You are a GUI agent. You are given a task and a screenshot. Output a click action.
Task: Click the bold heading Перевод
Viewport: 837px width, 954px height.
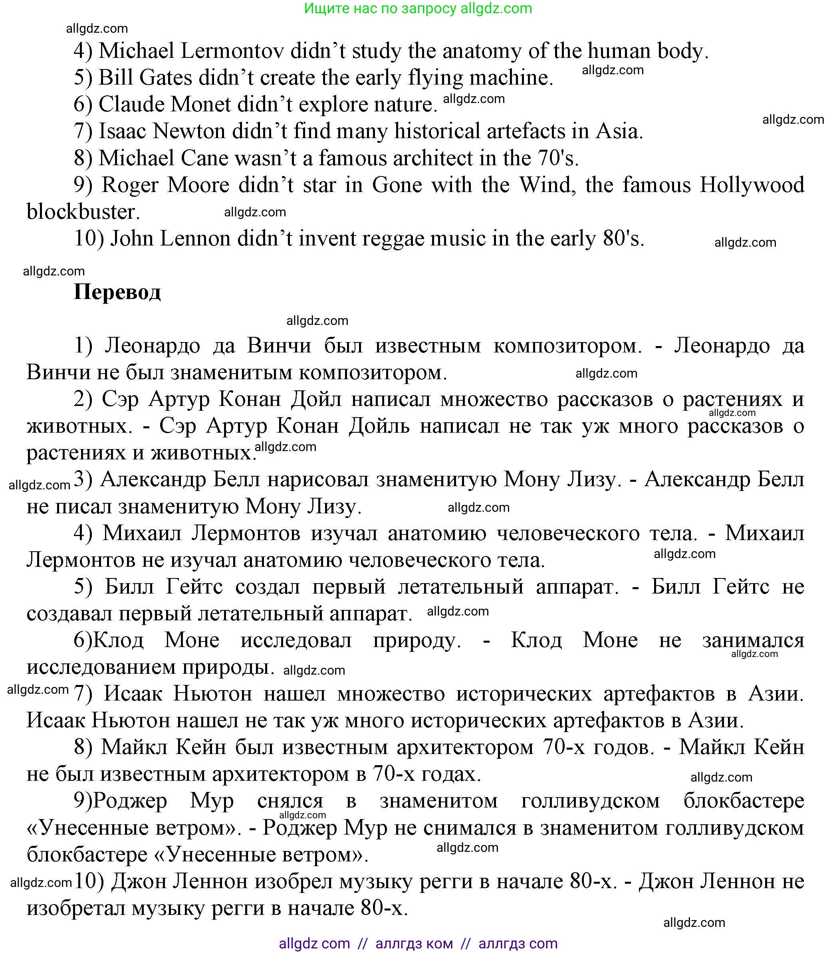point(117,293)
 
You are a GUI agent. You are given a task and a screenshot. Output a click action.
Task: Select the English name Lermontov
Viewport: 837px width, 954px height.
point(232,51)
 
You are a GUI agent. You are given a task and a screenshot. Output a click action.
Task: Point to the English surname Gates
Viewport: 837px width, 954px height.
point(165,78)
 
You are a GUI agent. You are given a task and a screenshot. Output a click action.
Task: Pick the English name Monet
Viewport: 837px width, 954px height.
point(201,105)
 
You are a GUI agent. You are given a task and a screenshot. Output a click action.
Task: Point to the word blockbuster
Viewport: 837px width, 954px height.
point(83,212)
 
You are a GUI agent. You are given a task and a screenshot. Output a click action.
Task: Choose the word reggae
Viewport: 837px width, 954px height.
point(392,239)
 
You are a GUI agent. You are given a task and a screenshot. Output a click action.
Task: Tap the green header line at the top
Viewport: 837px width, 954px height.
point(418,8)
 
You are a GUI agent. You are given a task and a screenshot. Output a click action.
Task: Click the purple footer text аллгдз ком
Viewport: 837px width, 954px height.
point(414,943)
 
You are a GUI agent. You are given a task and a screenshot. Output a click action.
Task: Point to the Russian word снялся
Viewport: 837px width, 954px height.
point(290,801)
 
